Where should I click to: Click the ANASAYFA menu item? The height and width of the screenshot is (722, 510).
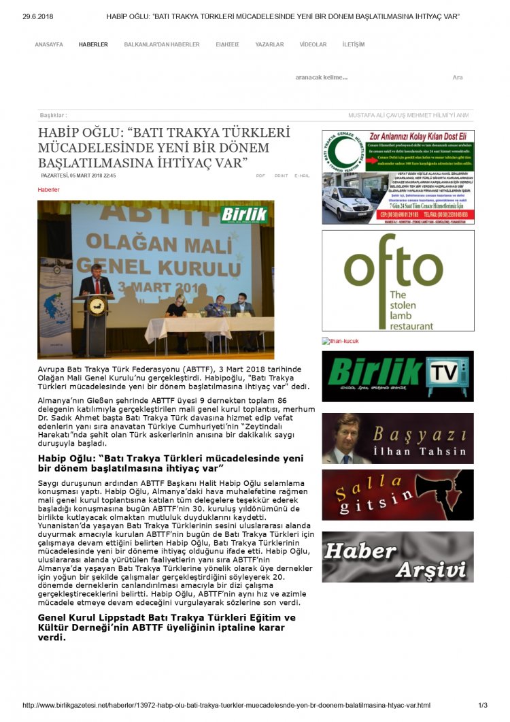[x=49, y=44]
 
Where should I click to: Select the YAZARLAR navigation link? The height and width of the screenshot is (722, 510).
[x=269, y=44]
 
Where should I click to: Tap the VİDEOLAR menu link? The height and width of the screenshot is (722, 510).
[x=313, y=44]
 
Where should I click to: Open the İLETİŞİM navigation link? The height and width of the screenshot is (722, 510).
[x=354, y=44]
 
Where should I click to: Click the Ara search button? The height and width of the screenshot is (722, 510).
[x=458, y=78]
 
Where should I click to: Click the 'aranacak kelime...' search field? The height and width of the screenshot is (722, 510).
[x=322, y=78]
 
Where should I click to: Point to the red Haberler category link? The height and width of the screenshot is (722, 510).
[x=48, y=190]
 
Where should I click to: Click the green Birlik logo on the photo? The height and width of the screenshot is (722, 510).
[x=243, y=214]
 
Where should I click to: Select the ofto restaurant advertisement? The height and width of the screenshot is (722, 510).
[x=398, y=280]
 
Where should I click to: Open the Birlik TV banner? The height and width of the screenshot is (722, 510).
[x=398, y=376]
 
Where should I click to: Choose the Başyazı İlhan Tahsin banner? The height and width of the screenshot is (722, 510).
[x=398, y=438]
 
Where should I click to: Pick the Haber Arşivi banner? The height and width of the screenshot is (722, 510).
[x=398, y=557]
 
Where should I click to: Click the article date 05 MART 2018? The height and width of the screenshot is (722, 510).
[x=78, y=176]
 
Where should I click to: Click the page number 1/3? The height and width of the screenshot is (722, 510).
[x=483, y=706]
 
